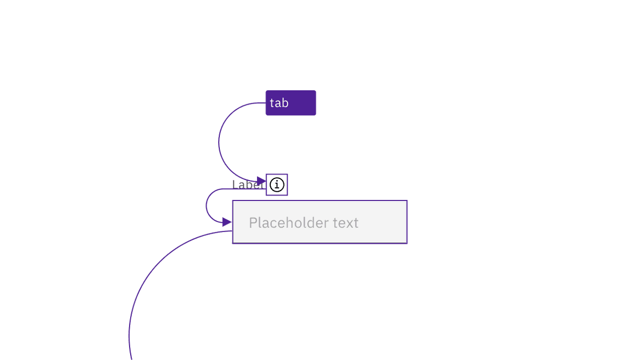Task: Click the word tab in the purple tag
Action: [279, 103]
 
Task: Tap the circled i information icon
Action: [277, 184]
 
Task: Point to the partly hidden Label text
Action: [247, 184]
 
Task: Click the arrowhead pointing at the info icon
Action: [261, 181]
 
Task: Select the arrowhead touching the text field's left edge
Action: [227, 222]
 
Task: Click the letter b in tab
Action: [285, 103]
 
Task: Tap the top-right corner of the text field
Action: [407, 201]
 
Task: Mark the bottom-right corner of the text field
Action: [407, 243]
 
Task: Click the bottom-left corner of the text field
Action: [233, 243]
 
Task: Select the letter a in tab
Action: [278, 104]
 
